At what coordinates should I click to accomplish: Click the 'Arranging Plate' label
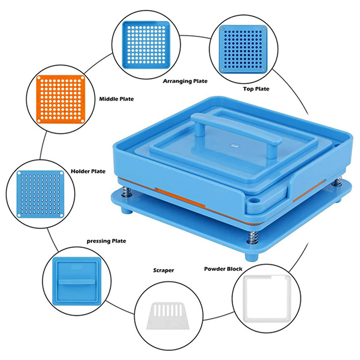[x=185, y=81]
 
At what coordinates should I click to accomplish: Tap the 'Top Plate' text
[x=256, y=89]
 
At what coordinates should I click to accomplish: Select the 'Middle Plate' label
[x=117, y=99]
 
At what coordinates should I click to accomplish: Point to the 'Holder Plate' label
[x=88, y=171]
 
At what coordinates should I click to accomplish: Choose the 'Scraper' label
[x=163, y=270]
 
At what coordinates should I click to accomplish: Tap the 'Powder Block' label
[x=223, y=269]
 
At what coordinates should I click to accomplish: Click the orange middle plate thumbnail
[x=61, y=99]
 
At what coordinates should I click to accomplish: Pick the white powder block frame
[x=245, y=298]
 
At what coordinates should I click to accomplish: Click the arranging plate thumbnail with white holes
[x=146, y=45]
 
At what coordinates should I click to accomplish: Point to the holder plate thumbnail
[x=40, y=194]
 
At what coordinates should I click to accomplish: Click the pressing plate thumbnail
[x=76, y=281]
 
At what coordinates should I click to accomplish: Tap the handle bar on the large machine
[x=237, y=129]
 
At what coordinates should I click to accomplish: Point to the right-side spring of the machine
[x=337, y=182]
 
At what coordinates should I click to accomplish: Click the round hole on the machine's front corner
[x=254, y=200]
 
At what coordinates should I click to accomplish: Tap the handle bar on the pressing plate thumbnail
[x=76, y=282]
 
